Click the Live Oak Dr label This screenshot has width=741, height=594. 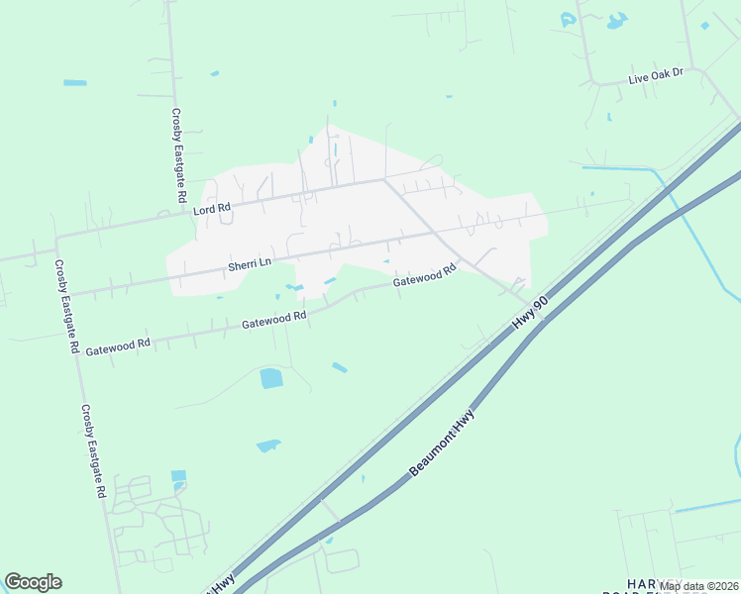(x=657, y=77)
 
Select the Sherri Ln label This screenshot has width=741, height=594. (x=250, y=264)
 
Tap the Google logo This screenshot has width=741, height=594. (x=33, y=582)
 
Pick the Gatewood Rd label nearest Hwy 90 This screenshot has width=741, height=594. (x=424, y=276)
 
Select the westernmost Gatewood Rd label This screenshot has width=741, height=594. (x=118, y=346)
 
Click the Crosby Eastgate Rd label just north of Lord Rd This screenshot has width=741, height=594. (x=178, y=155)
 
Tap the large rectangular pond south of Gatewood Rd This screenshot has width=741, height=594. (x=270, y=378)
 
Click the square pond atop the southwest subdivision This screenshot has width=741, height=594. (x=178, y=476)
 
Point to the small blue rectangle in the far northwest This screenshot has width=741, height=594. (x=75, y=83)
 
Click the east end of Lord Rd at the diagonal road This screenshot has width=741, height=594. (x=384, y=180)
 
